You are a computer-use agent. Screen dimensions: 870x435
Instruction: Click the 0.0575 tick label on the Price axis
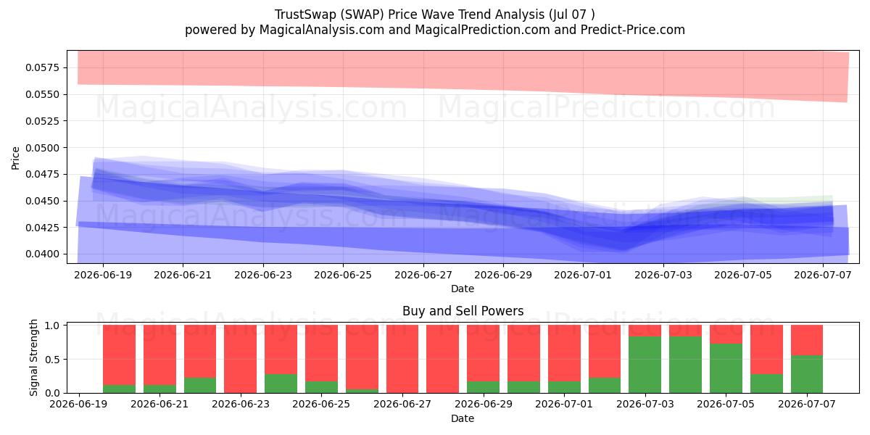click(42, 68)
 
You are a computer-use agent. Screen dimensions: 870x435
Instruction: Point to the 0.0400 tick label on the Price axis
click(42, 254)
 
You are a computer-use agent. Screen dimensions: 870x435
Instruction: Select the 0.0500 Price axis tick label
click(42, 148)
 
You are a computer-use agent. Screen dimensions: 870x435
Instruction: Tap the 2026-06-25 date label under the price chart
click(343, 275)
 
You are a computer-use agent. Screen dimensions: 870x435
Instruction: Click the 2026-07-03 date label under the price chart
click(663, 275)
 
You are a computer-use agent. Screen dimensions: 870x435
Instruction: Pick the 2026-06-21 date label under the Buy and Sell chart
click(159, 404)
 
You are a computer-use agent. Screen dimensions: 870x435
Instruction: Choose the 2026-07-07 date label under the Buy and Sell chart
click(807, 404)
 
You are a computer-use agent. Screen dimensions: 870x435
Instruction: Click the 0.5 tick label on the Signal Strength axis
click(53, 360)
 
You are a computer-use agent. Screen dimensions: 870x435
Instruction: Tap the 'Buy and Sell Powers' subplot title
click(463, 311)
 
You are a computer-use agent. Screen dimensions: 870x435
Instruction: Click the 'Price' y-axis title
click(15, 158)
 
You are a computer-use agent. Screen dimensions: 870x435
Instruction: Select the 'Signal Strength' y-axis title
click(34, 357)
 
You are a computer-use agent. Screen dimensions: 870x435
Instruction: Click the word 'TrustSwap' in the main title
click(305, 14)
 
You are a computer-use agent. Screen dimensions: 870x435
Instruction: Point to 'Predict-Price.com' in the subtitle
click(633, 30)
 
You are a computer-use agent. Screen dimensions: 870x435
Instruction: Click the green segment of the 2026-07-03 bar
click(645, 365)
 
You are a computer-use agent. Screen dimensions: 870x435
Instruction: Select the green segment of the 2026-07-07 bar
click(807, 374)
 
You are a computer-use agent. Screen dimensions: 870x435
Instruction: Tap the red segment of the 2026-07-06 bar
click(766, 349)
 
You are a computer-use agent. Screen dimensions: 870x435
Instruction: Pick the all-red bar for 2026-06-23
click(241, 359)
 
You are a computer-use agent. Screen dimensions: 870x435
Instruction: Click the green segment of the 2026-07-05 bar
click(726, 368)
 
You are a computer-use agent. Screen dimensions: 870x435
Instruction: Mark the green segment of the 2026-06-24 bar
click(281, 384)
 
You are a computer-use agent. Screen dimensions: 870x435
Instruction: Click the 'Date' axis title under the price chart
click(463, 289)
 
